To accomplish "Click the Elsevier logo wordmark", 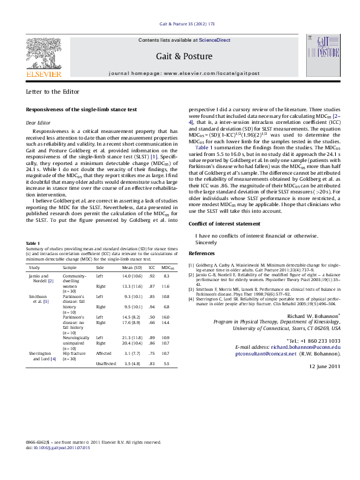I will coord(43,74).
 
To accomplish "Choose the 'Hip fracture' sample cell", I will coord(74,352).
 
